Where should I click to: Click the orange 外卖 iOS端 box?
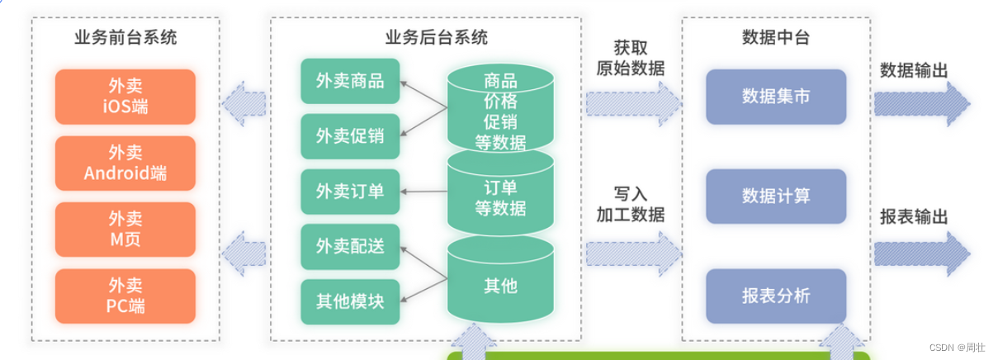pos(125,97)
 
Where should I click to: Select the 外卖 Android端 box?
pos(125,163)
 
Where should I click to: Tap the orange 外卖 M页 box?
pos(125,230)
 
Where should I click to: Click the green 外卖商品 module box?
pos(350,81)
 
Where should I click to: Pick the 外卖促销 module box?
pos(350,136)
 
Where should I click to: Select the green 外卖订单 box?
pos(350,192)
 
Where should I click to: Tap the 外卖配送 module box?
pos(350,246)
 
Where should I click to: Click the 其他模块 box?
pos(350,301)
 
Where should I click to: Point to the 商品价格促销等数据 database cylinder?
pos(500,111)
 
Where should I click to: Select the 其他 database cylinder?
pos(500,286)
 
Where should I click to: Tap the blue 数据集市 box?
pos(776,97)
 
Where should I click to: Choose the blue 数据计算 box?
pos(776,197)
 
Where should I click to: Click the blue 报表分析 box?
pos(776,296)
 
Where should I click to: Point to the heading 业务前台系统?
pos(125,37)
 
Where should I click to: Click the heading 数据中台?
pos(776,37)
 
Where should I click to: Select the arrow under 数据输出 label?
pos(921,102)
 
